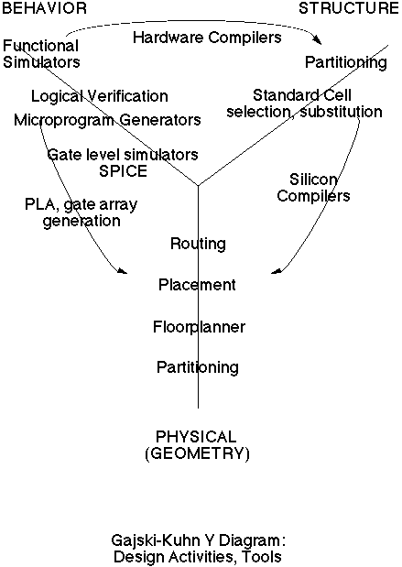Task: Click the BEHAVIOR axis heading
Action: [45, 8]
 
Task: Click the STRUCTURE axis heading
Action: [349, 8]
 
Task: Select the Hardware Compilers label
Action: [207, 38]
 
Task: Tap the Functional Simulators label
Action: [41, 54]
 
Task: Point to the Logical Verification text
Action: [100, 96]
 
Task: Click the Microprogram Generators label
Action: [107, 120]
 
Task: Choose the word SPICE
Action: [124, 171]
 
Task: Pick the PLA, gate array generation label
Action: [81, 213]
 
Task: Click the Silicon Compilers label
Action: [313, 188]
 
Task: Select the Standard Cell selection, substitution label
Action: [304, 104]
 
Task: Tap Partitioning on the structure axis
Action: [346, 62]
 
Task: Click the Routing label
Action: [198, 244]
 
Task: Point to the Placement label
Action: [198, 285]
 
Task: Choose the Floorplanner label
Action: [200, 327]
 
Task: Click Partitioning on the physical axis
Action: [198, 367]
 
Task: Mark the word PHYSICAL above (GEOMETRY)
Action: [196, 437]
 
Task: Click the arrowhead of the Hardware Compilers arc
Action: [318, 40]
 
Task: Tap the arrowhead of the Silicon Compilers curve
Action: [276, 271]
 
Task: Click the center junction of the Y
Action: [198, 186]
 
